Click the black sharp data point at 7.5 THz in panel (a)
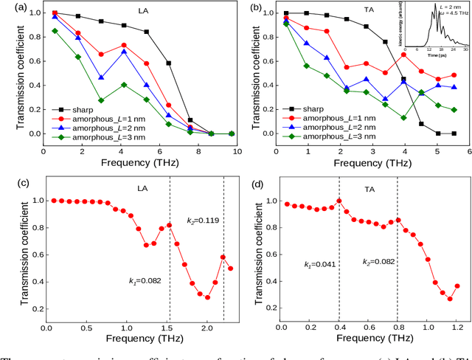190,120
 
